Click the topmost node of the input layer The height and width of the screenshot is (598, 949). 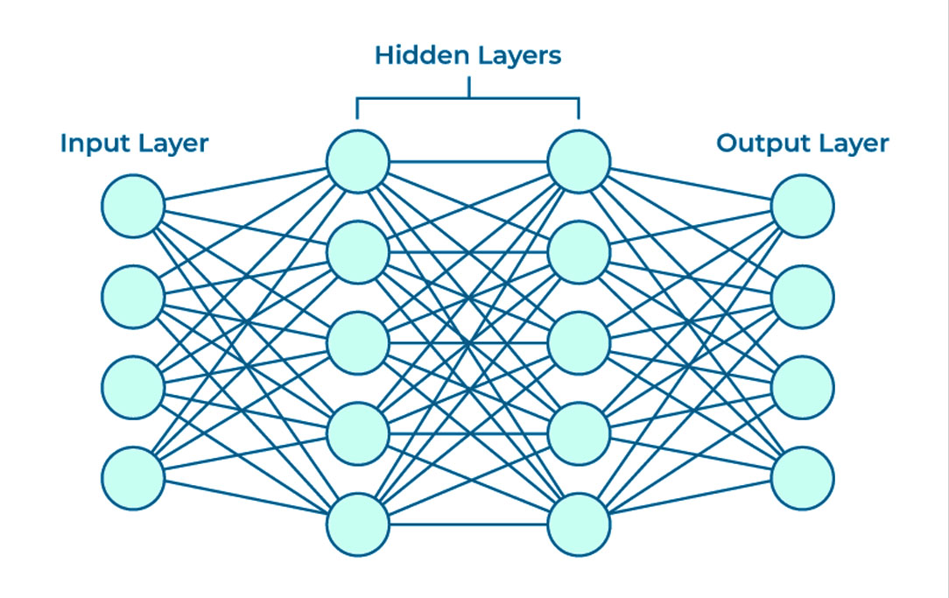pyautogui.click(x=133, y=206)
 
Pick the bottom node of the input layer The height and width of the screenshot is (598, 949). pyautogui.click(x=133, y=478)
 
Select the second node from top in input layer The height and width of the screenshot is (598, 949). pyautogui.click(x=133, y=297)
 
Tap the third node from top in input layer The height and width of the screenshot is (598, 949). pyautogui.click(x=133, y=387)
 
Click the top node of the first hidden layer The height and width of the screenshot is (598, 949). pyautogui.click(x=357, y=161)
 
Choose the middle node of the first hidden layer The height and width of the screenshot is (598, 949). pyautogui.click(x=357, y=342)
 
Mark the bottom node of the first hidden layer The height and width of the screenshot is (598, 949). pyautogui.click(x=357, y=524)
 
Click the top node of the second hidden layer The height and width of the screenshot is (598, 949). pyautogui.click(x=579, y=161)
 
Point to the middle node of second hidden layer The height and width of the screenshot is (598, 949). pyautogui.click(x=579, y=342)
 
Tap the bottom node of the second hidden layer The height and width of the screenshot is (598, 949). pyautogui.click(x=579, y=524)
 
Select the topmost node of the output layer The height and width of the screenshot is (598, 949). pyautogui.click(x=803, y=206)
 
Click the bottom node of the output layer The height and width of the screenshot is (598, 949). pyautogui.click(x=803, y=478)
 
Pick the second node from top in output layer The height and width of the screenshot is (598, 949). pyautogui.click(x=803, y=297)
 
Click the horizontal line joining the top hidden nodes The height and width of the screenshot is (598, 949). pyautogui.click(x=468, y=161)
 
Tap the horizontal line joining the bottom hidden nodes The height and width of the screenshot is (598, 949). pyautogui.click(x=468, y=524)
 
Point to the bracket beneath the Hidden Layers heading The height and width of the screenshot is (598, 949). pyautogui.click(x=468, y=98)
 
